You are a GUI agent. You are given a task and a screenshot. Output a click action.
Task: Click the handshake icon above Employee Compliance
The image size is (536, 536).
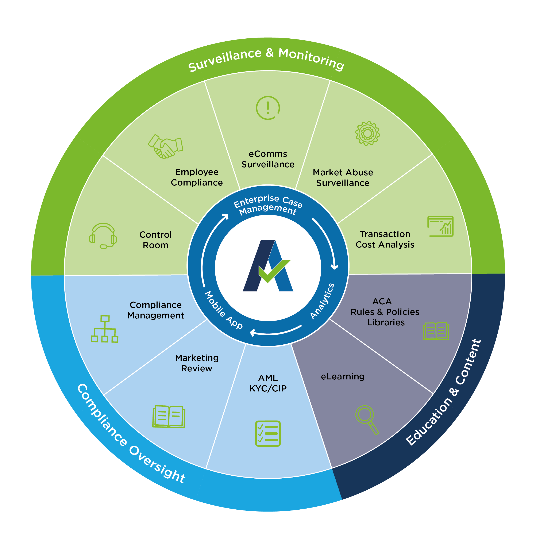pos(166,146)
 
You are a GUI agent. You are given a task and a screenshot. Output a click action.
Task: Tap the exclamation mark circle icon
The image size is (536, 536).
pos(268,108)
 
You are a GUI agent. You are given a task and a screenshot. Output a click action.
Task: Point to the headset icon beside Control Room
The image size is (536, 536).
pos(103,235)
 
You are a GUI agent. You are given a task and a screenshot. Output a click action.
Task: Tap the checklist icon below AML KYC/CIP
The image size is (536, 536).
pos(268,433)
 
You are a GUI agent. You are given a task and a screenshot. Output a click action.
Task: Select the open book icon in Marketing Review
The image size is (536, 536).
pos(169,416)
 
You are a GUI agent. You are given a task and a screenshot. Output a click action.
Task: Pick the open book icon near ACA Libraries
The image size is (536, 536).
pos(436,331)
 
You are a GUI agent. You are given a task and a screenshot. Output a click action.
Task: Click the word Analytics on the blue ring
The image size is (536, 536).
pos(322,301)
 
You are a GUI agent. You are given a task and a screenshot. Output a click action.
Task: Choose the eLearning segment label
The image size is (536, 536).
pos(343,377)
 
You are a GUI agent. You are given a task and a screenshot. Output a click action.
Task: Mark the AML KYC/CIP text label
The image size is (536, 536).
pos(268,383)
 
